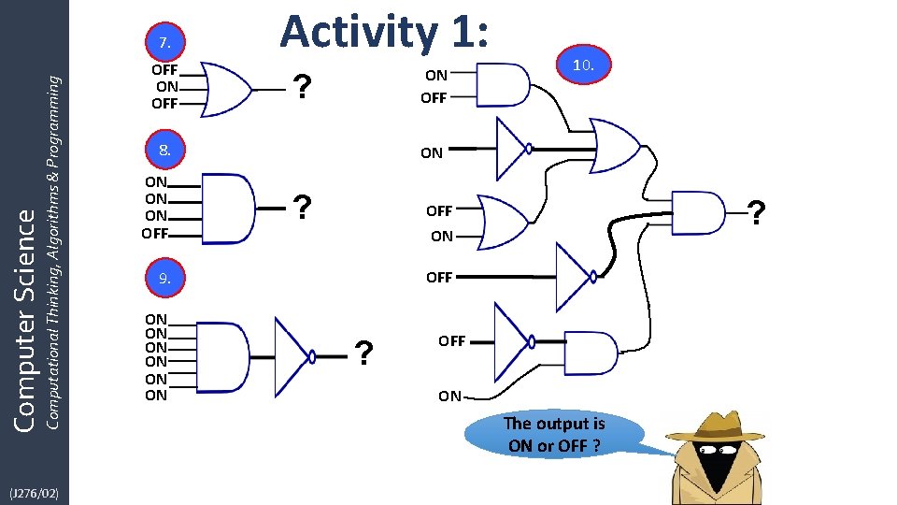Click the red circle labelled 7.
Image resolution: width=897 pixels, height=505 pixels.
pyautogui.click(x=164, y=41)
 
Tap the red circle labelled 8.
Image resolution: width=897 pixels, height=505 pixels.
pyautogui.click(x=164, y=149)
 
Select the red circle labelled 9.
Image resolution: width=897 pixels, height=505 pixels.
pyautogui.click(x=164, y=278)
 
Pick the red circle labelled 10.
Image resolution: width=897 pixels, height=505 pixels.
pyautogui.click(x=583, y=65)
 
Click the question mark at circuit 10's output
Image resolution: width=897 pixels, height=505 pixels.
pyautogui.click(x=757, y=214)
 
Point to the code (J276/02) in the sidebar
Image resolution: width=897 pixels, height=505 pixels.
pyautogui.click(x=34, y=492)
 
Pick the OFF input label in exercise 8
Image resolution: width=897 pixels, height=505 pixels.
pyautogui.click(x=155, y=233)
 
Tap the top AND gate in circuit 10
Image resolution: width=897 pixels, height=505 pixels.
pyautogui.click(x=502, y=84)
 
